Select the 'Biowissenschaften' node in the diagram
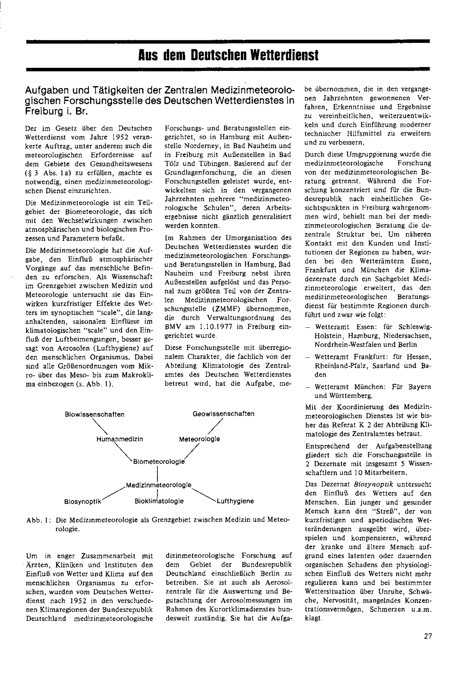94,414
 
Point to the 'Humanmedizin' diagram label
120,439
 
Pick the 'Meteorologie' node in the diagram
199,439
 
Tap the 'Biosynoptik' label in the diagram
83,501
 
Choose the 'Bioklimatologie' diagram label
159,501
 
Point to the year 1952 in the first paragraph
114,137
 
